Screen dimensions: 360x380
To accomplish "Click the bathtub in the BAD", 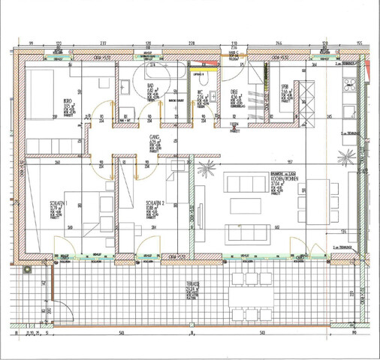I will tap(159, 74).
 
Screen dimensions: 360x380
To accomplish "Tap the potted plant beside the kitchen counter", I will tap(346, 157).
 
